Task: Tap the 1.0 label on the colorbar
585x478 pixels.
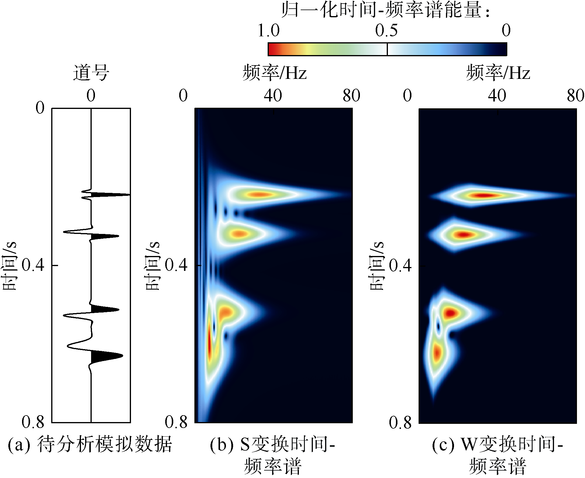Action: click(x=269, y=30)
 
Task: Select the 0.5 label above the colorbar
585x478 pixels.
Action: click(x=386, y=30)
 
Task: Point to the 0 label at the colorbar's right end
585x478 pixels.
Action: click(x=506, y=30)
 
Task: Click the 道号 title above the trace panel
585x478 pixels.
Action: click(x=91, y=73)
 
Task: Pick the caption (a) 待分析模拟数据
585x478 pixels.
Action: click(x=90, y=444)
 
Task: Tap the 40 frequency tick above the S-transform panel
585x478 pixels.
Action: click(x=273, y=96)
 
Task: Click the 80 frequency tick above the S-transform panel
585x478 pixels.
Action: click(x=351, y=96)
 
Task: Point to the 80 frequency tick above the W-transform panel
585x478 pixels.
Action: click(x=575, y=96)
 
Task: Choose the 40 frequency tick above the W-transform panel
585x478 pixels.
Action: click(x=497, y=96)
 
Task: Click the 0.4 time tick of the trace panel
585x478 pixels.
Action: click(x=33, y=265)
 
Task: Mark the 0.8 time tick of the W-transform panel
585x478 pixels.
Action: click(x=400, y=423)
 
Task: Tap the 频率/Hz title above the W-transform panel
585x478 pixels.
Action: click(x=498, y=73)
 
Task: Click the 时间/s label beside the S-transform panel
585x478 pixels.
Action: click(x=152, y=265)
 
